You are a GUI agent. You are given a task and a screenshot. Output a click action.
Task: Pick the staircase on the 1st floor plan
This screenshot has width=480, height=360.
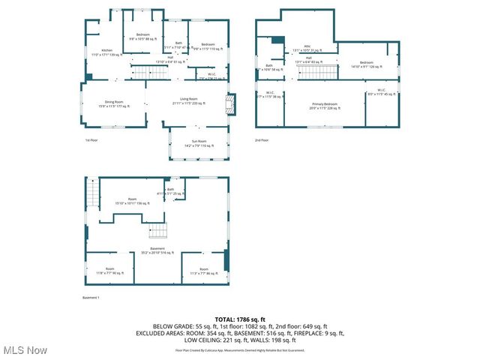(148, 72)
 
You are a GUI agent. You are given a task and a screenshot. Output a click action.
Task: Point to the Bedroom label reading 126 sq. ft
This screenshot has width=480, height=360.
(366, 64)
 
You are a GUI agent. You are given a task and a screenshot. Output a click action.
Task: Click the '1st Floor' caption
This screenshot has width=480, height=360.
(91, 140)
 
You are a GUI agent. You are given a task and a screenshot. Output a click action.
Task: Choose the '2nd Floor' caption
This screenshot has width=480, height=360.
(261, 140)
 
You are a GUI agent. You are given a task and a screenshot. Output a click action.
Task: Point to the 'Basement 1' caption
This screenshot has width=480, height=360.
(91, 298)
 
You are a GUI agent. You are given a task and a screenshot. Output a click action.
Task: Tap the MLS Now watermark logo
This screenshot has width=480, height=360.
(25, 349)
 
